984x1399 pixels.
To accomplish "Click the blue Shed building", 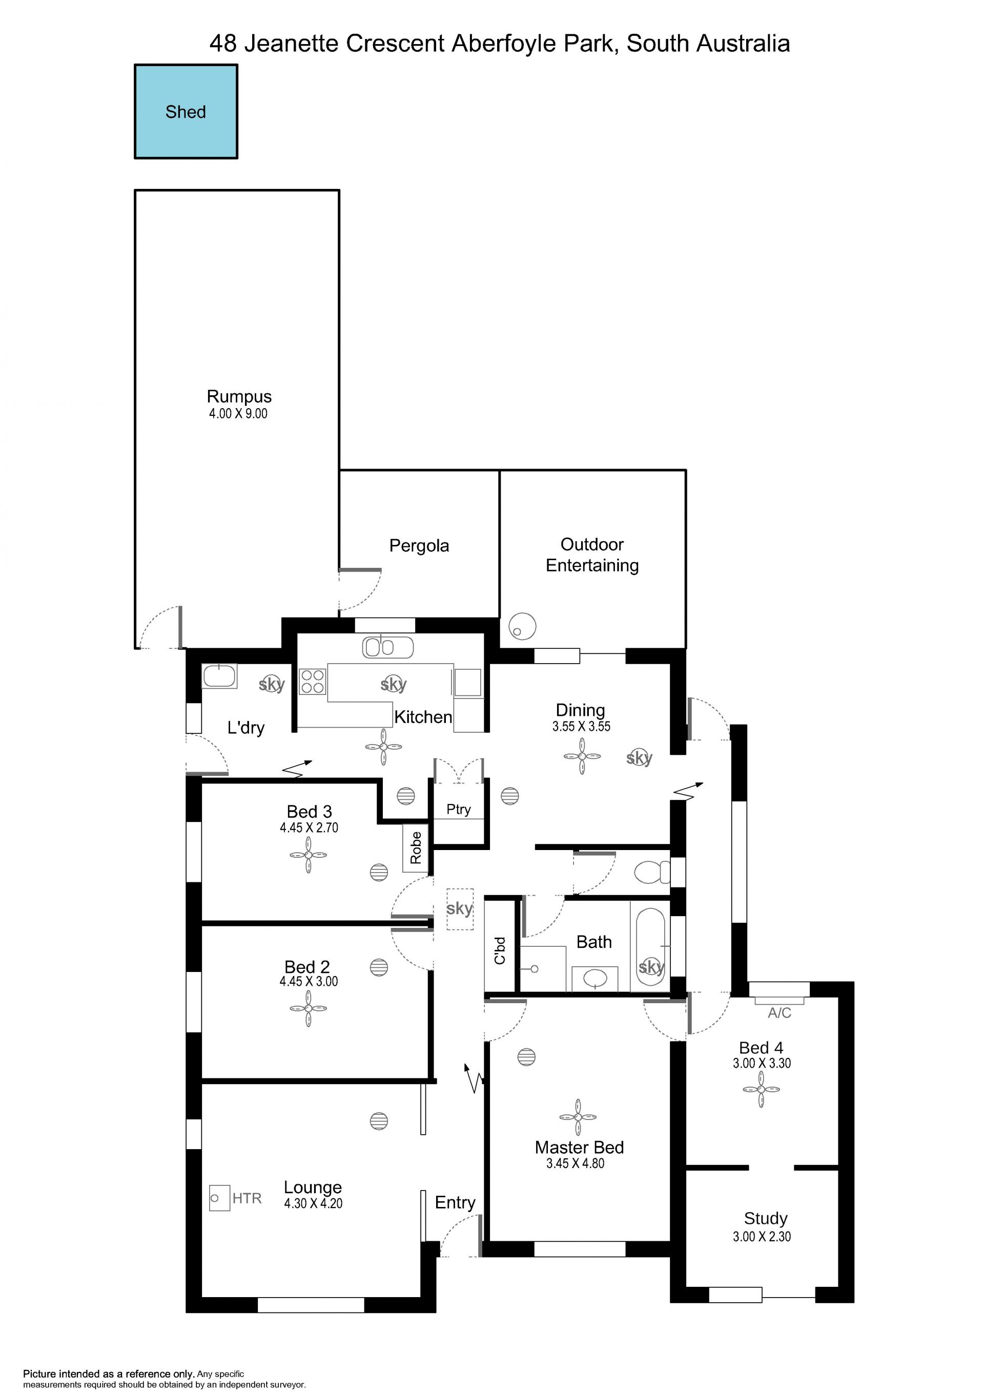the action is click(186, 112).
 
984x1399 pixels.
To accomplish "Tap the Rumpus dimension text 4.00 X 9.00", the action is click(238, 413).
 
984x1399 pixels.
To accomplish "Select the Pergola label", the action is click(419, 545).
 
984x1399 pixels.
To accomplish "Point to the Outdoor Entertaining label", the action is click(592, 555).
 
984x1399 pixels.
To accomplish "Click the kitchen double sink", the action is click(388, 647).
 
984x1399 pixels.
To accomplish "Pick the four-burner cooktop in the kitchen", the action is click(313, 681).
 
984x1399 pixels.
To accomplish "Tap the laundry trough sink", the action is click(219, 676).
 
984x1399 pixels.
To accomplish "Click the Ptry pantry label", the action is click(459, 809).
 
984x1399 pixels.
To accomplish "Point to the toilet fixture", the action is click(652, 872).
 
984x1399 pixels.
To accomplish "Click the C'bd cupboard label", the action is click(500, 950).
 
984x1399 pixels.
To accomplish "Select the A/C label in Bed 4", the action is click(780, 1013).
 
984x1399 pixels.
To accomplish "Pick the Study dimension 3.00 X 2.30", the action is click(762, 1236).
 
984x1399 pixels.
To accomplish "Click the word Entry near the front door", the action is click(455, 1202).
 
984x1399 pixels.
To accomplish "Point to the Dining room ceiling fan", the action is click(582, 756).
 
